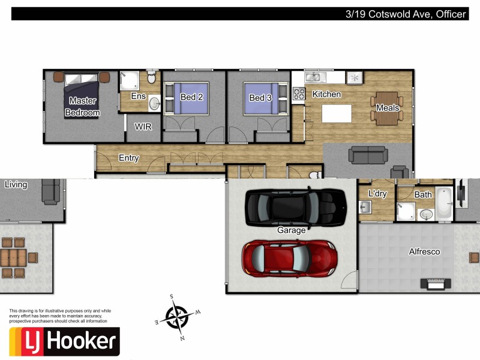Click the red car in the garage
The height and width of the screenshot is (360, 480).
coord(289,257)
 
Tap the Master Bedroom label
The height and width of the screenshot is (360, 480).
coord(82,107)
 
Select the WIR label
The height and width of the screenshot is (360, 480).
coord(143,127)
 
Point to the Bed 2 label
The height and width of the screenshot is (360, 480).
coord(191,97)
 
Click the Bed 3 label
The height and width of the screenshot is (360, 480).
coord(260,98)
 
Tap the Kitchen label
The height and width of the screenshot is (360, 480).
coord(326,94)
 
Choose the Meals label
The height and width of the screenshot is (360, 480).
coord(388,108)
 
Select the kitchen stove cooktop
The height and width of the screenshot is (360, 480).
coord(298,94)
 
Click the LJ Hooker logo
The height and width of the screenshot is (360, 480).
coord(64,341)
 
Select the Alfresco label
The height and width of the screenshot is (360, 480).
coord(424,252)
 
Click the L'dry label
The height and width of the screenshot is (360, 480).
coord(377,194)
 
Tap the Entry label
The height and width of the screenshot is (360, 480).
coord(129,158)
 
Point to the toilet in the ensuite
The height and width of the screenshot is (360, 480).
coord(151,78)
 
